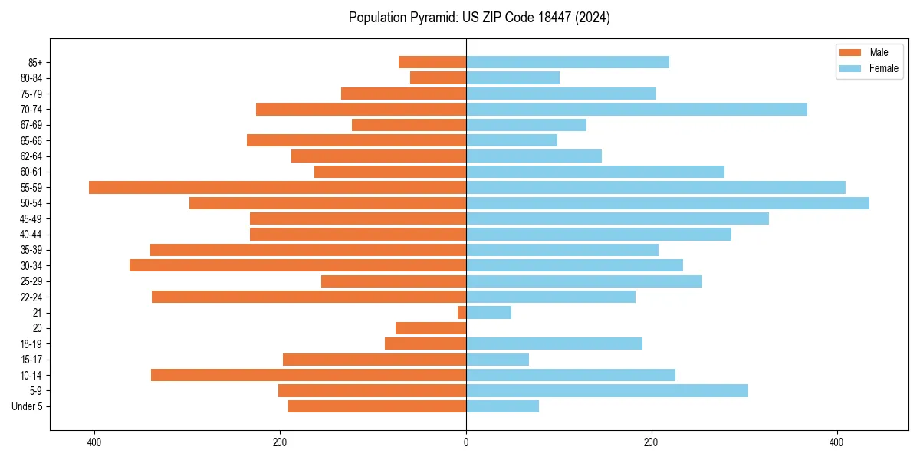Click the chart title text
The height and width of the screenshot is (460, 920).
[x=479, y=18]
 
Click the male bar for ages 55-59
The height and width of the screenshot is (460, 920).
[x=278, y=187]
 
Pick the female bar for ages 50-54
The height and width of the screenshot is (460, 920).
[x=667, y=203]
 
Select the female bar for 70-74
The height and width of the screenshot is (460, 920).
[x=636, y=109]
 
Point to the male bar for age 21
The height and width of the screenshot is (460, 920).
[x=462, y=313]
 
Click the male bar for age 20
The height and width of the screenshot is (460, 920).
[x=431, y=328]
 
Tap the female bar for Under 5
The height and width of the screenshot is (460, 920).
[x=502, y=406]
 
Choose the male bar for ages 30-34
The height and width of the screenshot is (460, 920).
[x=297, y=265]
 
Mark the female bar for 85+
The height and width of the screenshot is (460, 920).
[x=567, y=62]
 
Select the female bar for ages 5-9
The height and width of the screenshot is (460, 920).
[x=606, y=391]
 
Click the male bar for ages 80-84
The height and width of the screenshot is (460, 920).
[x=438, y=77]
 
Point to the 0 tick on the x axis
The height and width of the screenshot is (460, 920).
[x=466, y=442]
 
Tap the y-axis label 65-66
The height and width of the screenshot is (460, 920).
[x=31, y=140]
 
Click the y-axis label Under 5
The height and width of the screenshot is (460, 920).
[x=27, y=406]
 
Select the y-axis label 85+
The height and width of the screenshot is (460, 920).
[x=35, y=62]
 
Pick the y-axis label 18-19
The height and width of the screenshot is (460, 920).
[x=31, y=344]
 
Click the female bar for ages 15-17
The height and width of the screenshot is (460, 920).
[x=498, y=360]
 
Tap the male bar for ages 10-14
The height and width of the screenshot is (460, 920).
[x=308, y=375]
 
